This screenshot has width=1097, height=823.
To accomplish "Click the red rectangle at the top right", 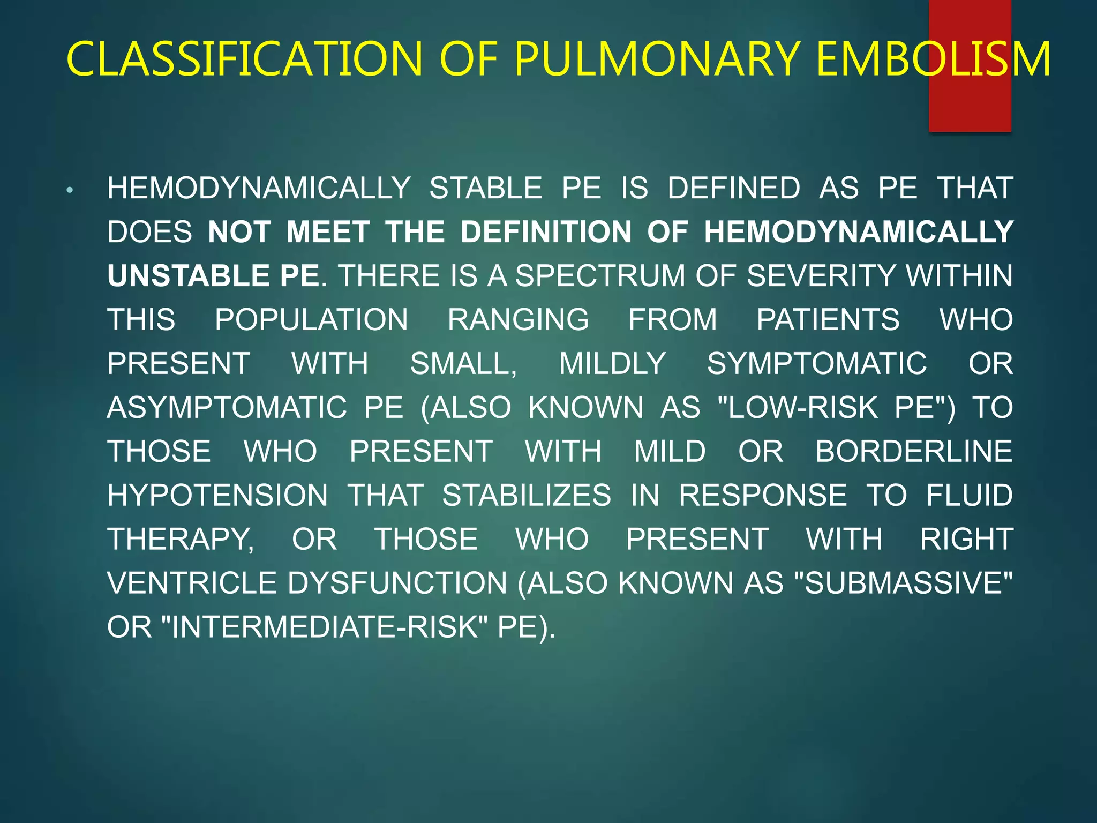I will click(x=970, y=107).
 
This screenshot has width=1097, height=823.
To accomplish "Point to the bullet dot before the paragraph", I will click(x=70, y=190).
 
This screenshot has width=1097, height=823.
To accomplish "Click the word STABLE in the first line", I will click(x=485, y=189).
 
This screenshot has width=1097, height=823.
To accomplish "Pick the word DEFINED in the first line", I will click(x=733, y=189).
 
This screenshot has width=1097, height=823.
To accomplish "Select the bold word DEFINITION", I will click(x=546, y=232).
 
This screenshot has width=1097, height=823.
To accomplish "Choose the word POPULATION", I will click(x=311, y=320).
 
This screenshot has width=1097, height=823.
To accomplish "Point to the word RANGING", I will click(x=518, y=320).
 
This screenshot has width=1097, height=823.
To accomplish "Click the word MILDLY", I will click(x=612, y=364).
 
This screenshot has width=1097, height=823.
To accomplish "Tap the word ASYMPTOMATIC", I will click(x=227, y=408).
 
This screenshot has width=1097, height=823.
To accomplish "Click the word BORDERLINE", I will click(x=914, y=452).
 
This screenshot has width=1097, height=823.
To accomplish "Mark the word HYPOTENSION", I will click(x=217, y=496).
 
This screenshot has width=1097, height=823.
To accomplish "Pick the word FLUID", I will click(x=970, y=496).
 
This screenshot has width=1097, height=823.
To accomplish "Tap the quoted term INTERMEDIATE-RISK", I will click(x=325, y=627).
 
